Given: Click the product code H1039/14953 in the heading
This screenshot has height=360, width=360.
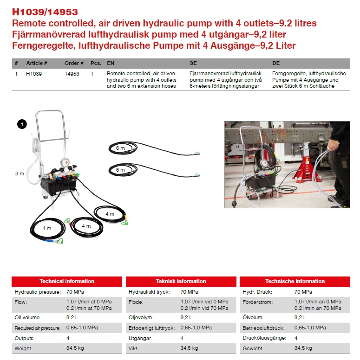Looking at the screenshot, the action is point(45,12).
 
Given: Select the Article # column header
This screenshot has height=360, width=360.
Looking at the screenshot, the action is point(37,63).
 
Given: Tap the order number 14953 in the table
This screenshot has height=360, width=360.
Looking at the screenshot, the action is point(72,74).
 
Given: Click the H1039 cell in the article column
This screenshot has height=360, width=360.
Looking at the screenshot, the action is point(34,74).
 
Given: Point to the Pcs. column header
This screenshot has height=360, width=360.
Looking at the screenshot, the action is point(96,63).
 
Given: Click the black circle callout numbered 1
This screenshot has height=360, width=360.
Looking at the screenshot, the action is point(22,124).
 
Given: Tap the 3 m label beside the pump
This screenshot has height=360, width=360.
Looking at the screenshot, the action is point(20,174).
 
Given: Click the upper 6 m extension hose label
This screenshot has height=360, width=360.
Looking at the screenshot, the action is point(120,148).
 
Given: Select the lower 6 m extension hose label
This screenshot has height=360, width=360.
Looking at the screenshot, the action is point(120,170).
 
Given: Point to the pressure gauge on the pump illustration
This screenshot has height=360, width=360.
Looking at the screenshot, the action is point(65,163).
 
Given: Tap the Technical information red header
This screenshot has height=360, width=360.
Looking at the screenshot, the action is point(67,282).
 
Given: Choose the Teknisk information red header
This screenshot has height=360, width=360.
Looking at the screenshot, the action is point(181,282).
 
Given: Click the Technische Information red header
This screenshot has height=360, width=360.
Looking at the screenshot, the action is point(295,282).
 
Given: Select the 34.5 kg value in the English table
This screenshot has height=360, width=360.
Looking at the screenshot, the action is point(75,348).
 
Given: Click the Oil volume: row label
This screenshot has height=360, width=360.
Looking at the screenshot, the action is point(27,317).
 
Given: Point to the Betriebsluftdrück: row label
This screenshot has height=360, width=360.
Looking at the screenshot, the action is point(263,328).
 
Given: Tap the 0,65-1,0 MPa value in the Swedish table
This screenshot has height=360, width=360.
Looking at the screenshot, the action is point(196,328).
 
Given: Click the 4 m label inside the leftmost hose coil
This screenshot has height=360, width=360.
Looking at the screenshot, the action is point(46,228).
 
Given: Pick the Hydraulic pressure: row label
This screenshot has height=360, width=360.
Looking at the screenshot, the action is point(38,292).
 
